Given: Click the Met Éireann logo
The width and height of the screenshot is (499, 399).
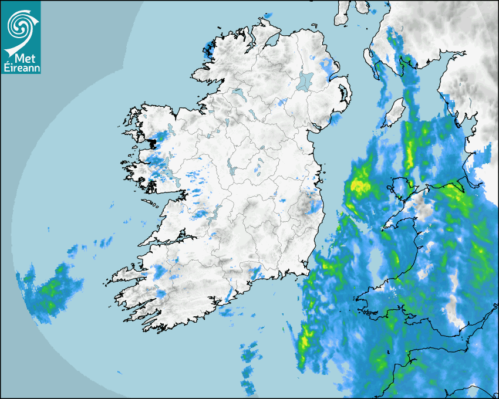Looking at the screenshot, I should (x=21, y=37).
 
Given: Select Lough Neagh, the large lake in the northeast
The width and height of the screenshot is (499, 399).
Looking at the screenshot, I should (x=305, y=81).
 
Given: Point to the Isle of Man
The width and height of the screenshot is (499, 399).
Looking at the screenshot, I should (x=395, y=112).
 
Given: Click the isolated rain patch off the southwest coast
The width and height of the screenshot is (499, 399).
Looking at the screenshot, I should (x=50, y=290).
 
